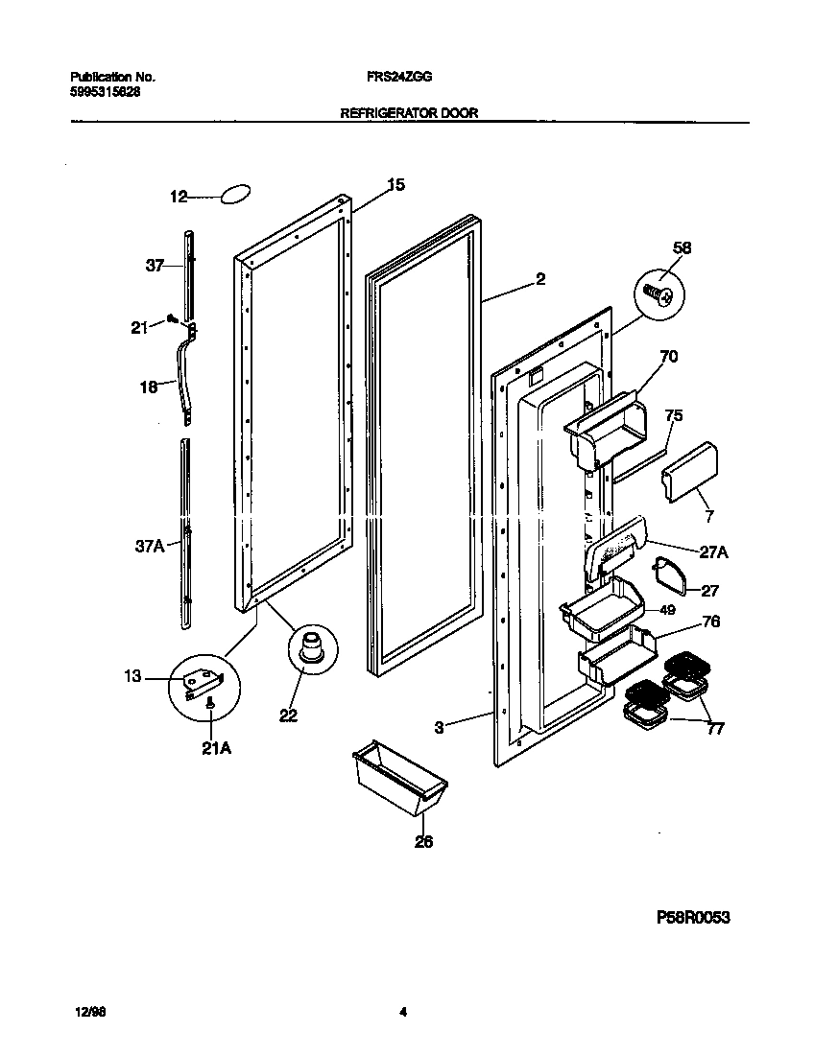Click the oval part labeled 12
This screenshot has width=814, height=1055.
(236, 196)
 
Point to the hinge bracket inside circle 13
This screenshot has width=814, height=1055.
(203, 681)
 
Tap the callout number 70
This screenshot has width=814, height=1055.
(668, 357)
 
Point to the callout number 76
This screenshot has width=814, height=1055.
(709, 621)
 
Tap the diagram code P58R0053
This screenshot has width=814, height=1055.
(693, 918)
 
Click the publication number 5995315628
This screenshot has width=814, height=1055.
(98, 91)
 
